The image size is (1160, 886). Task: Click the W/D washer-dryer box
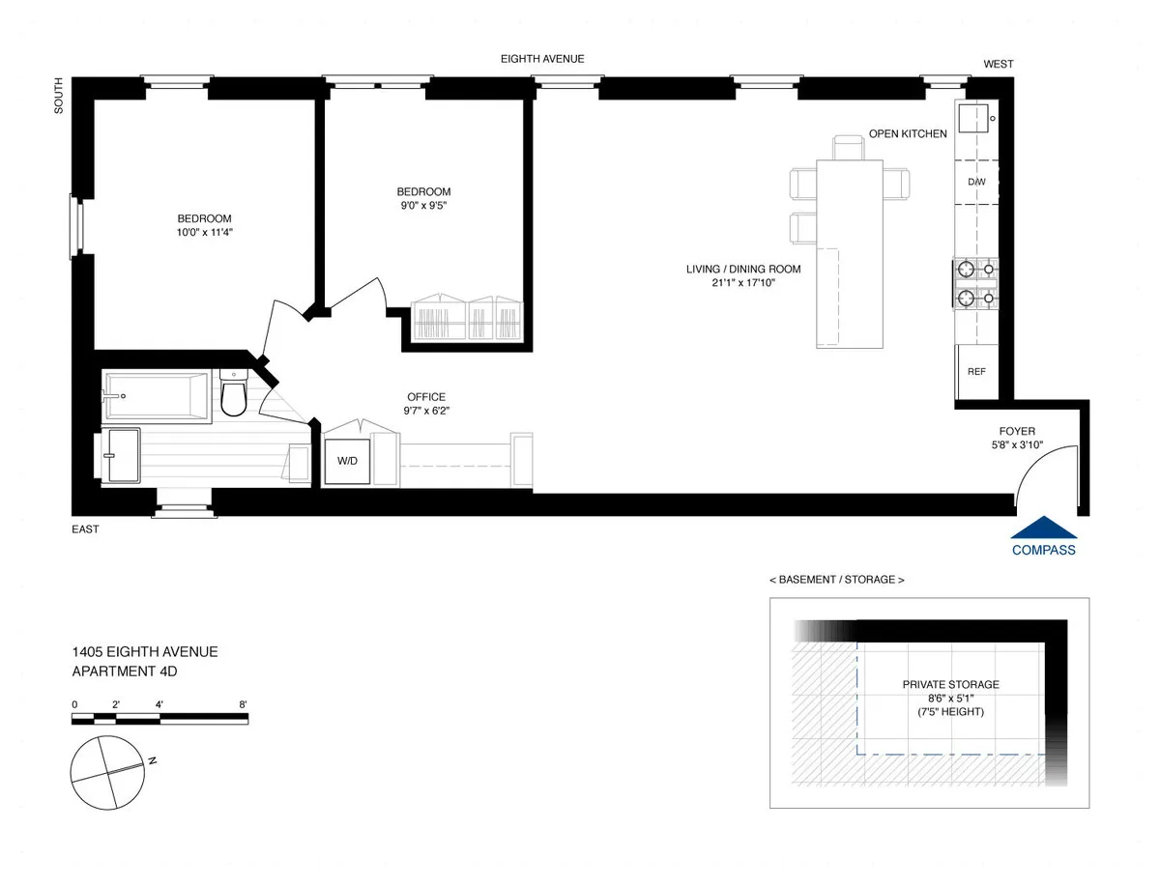pyautogui.click(x=347, y=461)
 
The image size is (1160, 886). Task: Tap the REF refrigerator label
pyautogui.click(x=976, y=371)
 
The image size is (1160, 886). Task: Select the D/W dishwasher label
pyautogui.click(x=976, y=182)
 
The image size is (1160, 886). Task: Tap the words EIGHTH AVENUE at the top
pyautogui.click(x=542, y=59)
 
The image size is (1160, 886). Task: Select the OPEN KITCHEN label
pyautogui.click(x=908, y=133)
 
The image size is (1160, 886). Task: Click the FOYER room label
pyautogui.click(x=1017, y=432)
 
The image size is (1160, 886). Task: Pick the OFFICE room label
pyautogui.click(x=426, y=397)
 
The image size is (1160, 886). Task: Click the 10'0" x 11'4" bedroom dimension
pyautogui.click(x=204, y=233)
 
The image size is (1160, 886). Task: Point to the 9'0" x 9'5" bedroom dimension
pyautogui.click(x=423, y=206)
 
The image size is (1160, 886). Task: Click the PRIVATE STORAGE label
pyautogui.click(x=951, y=684)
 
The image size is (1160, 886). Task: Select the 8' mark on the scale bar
pyautogui.click(x=244, y=703)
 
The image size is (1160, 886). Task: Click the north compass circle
pyautogui.click(x=106, y=770)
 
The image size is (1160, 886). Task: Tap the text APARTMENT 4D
pyautogui.click(x=125, y=672)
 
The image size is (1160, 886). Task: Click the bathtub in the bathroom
pyautogui.click(x=156, y=396)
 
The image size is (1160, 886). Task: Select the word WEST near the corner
pyautogui.click(x=999, y=64)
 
